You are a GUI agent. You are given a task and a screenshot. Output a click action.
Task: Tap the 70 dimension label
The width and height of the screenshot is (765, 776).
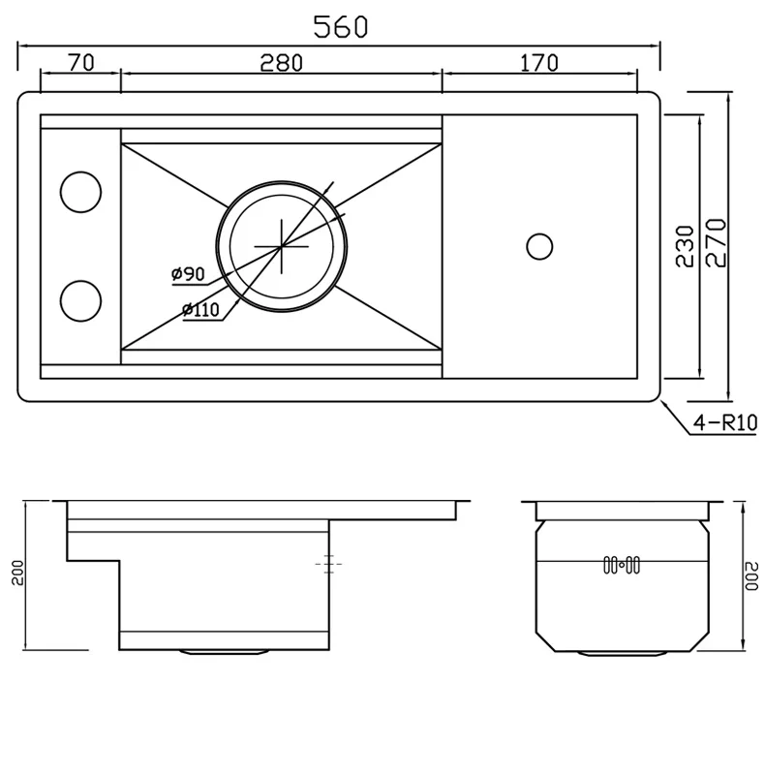coord(80,63)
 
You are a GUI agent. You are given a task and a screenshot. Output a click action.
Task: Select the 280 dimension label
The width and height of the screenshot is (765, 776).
coord(282,63)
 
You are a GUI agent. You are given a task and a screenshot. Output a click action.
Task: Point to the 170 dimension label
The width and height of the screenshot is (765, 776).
coord(538,63)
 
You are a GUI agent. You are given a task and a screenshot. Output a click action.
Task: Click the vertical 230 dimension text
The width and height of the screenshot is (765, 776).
coord(686,245)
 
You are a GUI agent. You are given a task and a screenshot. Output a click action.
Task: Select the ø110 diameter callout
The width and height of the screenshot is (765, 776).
coord(200,310)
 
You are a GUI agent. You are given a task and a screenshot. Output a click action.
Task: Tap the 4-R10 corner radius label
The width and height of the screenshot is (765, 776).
coord(723,423)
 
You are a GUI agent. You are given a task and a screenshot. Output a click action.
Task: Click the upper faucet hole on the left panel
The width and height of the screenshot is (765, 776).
coord(80,192)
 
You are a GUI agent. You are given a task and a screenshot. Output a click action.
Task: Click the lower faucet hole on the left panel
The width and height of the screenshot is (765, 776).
coord(80,299)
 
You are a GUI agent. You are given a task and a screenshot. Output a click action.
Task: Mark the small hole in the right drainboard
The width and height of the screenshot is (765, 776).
coord(538,245)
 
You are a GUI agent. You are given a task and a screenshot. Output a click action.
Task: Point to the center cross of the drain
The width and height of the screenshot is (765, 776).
coord(281,246)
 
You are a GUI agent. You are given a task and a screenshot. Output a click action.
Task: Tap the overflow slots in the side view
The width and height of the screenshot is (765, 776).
coord(620,564)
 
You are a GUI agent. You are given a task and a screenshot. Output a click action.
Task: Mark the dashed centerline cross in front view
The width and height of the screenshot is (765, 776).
coord(329,562)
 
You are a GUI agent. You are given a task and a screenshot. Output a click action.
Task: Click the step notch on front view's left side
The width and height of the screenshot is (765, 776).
coord(93,559)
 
